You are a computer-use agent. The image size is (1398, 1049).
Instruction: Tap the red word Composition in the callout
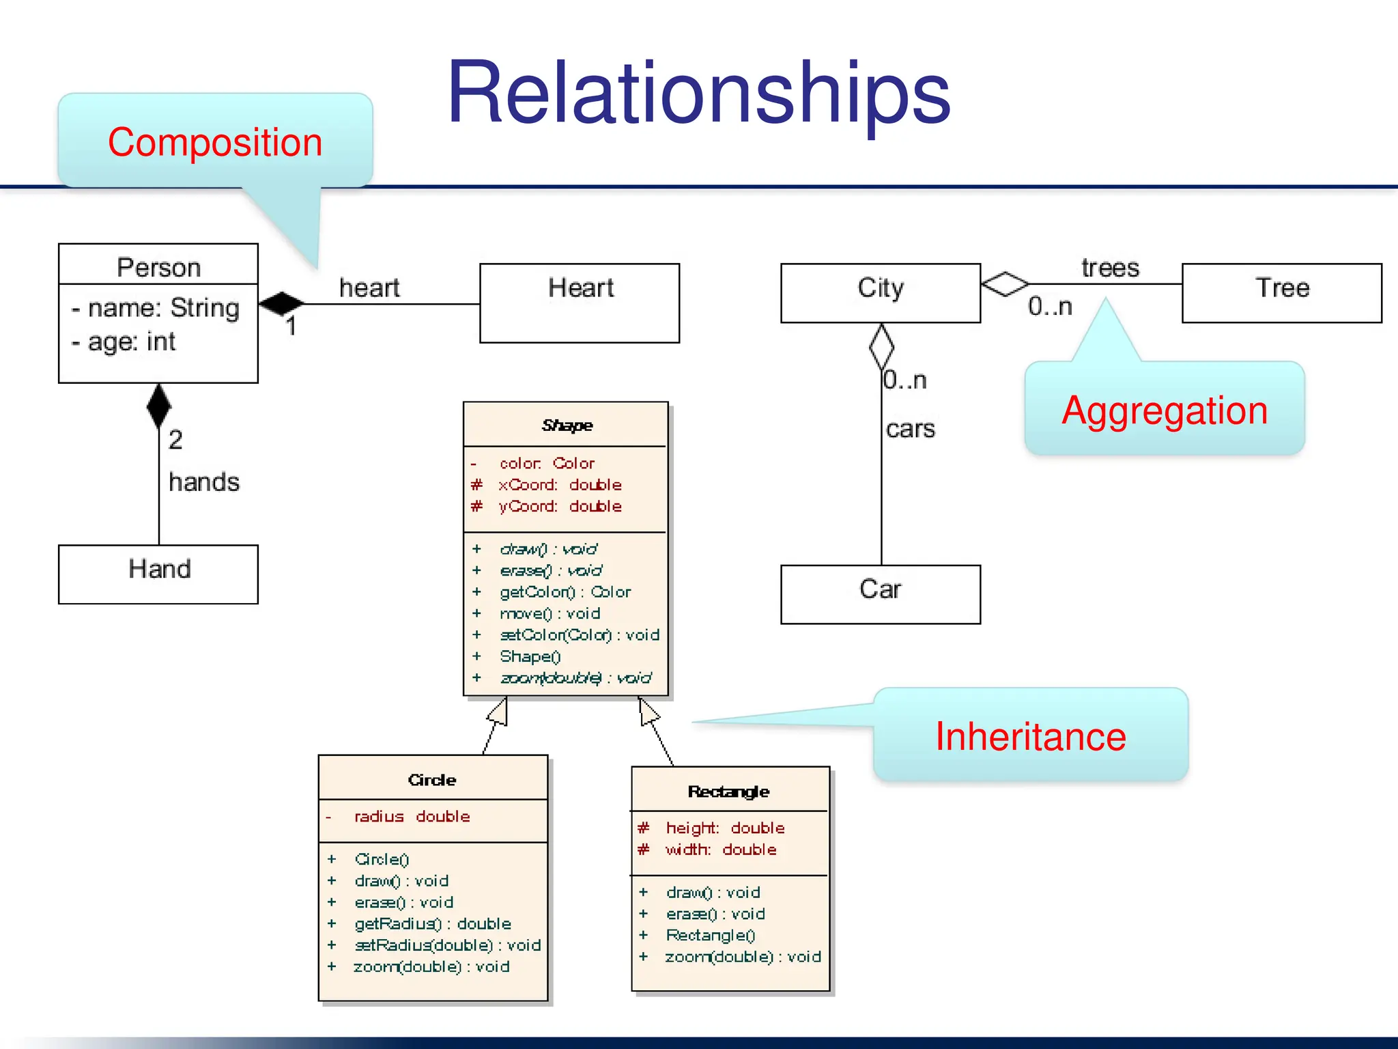coord(215,142)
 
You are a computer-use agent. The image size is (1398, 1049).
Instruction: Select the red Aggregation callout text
coord(1165,410)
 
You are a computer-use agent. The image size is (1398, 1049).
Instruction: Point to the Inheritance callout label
coord(1030,736)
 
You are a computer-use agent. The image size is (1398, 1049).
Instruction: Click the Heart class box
coord(580,303)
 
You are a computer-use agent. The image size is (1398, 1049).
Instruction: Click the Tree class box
coord(1281,292)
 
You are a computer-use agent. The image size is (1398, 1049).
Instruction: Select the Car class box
coord(880,593)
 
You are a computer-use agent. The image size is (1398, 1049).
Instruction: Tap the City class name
coord(880,288)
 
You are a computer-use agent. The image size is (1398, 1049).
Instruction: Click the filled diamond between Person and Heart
coord(281,303)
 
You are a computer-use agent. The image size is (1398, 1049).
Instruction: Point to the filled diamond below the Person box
coord(158,406)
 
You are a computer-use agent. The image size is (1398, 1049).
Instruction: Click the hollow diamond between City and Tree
coord(1004,283)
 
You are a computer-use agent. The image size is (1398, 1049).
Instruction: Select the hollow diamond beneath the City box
coord(881,346)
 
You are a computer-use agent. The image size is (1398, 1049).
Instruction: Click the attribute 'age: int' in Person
coord(131,341)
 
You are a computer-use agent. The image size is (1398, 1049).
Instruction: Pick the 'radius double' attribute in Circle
coord(412,816)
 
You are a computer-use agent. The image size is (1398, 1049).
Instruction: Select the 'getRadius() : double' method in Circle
coord(432,923)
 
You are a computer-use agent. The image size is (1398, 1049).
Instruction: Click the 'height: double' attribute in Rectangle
coord(724,828)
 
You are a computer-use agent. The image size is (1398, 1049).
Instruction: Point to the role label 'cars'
coord(910,429)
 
